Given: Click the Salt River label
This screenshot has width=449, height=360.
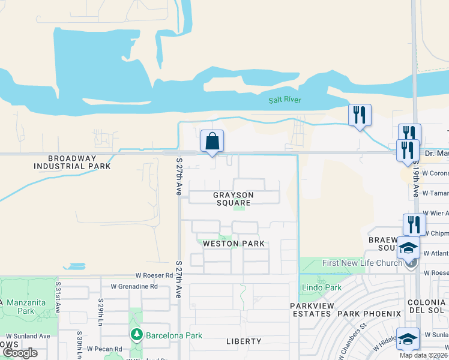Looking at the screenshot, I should pyautogui.click(x=285, y=100).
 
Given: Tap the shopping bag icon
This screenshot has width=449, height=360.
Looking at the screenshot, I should pyautogui.click(x=212, y=142).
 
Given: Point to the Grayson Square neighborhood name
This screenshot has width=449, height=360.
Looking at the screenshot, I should pyautogui.click(x=234, y=199).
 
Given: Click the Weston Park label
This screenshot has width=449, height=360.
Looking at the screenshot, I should pyautogui.click(x=234, y=244).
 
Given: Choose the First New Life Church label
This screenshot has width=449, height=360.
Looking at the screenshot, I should pyautogui.click(x=361, y=263).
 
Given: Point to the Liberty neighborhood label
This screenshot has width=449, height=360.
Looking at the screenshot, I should pyautogui.click(x=244, y=341).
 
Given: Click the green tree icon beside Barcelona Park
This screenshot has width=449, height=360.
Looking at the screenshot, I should pyautogui.click(x=136, y=334).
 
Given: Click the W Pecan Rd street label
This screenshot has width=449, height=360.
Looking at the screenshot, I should pyautogui.click(x=106, y=348).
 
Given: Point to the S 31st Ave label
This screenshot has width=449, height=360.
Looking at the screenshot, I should pyautogui.click(x=58, y=298).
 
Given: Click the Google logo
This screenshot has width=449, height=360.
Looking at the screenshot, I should pyautogui.click(x=19, y=353).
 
